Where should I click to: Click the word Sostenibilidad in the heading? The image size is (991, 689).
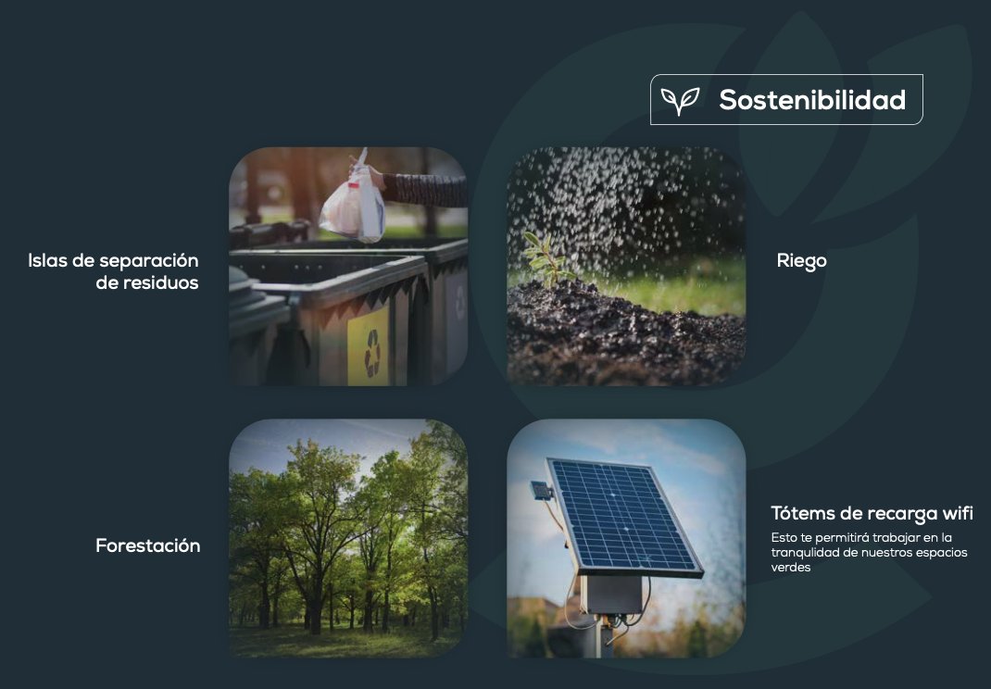(x=812, y=100)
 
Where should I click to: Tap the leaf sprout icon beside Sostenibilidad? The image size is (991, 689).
(x=680, y=101)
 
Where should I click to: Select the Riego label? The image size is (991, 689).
(x=801, y=261)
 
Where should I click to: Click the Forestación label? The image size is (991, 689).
(x=148, y=545)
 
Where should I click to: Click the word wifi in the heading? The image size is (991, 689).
(x=958, y=513)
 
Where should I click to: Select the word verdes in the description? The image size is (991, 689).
(x=791, y=567)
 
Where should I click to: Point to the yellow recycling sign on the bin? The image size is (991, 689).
(x=369, y=347)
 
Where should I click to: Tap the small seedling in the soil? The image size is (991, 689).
(x=547, y=257)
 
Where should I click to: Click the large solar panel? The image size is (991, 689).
(x=624, y=517)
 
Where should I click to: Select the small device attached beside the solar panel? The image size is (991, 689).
(x=542, y=491)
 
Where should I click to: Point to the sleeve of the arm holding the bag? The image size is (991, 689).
(x=425, y=190)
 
